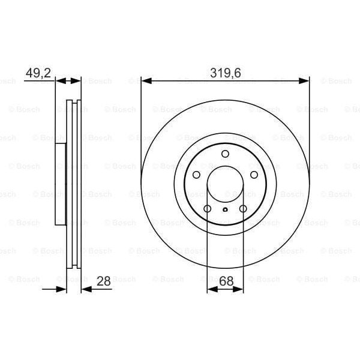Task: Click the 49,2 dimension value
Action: (x=37, y=74)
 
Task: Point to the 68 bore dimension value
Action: (x=225, y=280)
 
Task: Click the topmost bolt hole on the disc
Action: (x=225, y=154)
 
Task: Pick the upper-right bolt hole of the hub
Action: (x=254, y=175)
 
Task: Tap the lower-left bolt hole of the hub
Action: (x=207, y=209)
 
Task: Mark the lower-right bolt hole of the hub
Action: (x=243, y=209)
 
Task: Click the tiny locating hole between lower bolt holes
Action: (x=225, y=209)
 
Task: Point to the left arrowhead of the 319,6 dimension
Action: (x=145, y=80)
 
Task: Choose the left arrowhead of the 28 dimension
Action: (x=62, y=289)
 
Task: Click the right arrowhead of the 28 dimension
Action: (x=85, y=289)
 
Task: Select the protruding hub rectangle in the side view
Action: (x=60, y=184)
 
